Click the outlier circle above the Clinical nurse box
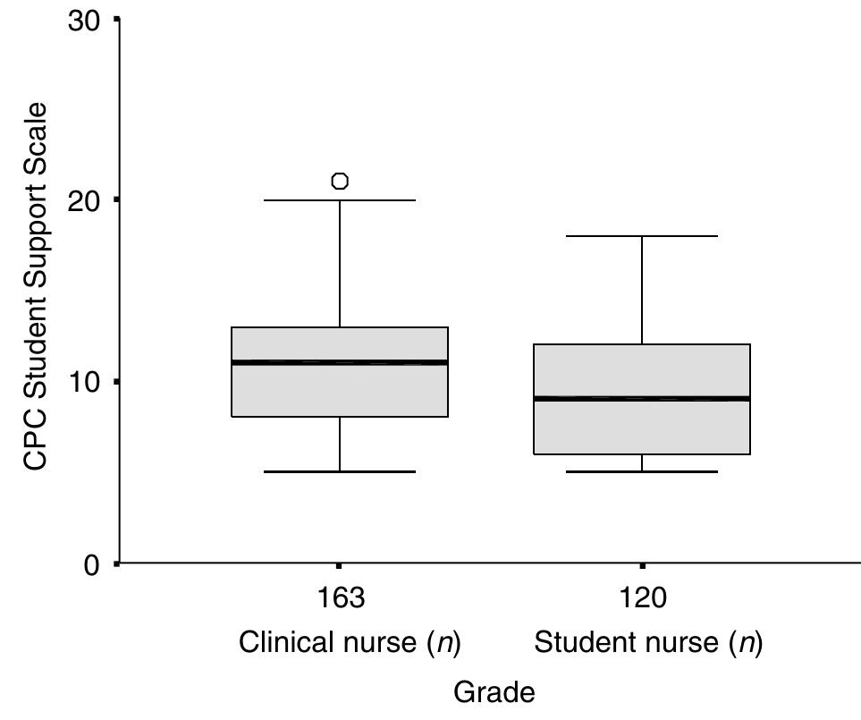click(x=340, y=182)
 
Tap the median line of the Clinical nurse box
click(x=340, y=362)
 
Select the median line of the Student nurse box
click(x=642, y=398)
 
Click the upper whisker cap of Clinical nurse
click(x=340, y=200)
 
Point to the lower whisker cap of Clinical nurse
click(x=340, y=471)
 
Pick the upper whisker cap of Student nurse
click(x=642, y=236)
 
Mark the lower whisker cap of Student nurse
click(x=642, y=471)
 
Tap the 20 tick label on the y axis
click(x=88, y=200)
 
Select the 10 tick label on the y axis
click(x=88, y=382)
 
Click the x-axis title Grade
click(x=494, y=691)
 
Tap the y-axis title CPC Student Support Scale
click(x=35, y=286)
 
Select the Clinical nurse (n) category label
click(x=349, y=644)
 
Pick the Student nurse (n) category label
click(x=648, y=644)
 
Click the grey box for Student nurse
click(x=642, y=429)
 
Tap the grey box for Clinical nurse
click(x=340, y=391)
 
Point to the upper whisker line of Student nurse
click(x=642, y=290)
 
